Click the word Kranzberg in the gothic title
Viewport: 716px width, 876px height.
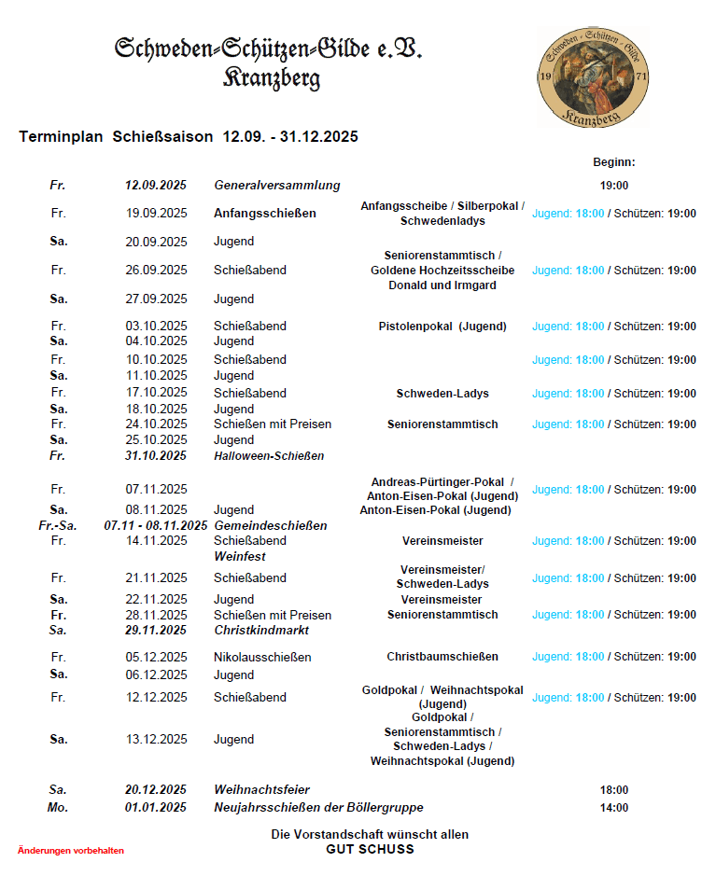tap(271, 78)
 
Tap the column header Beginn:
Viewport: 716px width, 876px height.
tap(613, 162)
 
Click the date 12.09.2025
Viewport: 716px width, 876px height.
tap(156, 186)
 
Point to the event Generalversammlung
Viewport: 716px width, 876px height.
tap(276, 186)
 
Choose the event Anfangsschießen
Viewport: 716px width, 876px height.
tap(264, 214)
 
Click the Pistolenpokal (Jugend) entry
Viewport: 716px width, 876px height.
tap(442, 327)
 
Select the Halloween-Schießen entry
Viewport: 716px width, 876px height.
tap(269, 456)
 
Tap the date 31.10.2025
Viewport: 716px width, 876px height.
tap(156, 456)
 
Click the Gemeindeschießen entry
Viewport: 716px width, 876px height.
tap(270, 526)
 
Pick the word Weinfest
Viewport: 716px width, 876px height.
tap(239, 557)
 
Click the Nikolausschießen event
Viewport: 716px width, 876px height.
tap(262, 658)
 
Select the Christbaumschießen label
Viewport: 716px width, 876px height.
tap(442, 657)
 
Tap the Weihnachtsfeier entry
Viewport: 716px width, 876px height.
tap(261, 790)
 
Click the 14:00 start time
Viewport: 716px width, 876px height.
tap(613, 808)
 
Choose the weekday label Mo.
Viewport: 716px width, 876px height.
tap(58, 808)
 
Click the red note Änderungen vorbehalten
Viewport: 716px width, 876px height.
tap(71, 851)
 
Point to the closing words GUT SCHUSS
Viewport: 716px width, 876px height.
tap(370, 850)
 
